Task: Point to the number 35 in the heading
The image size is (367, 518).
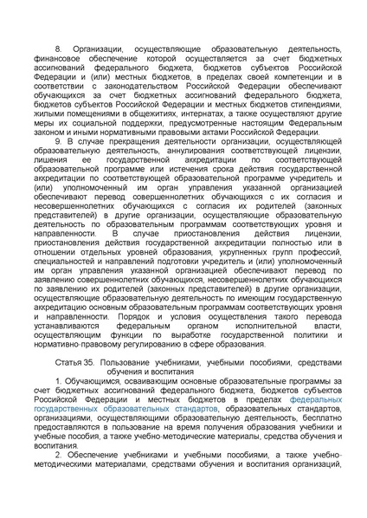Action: tap(88, 360)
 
